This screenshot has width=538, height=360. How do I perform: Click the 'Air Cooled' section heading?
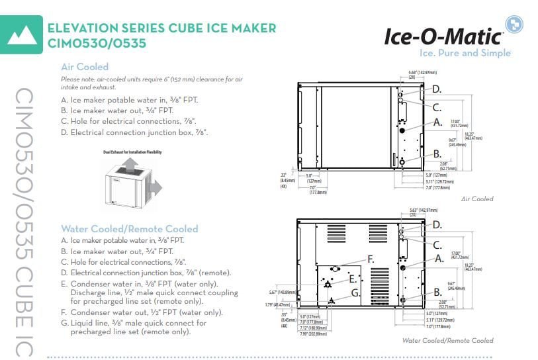[85, 67]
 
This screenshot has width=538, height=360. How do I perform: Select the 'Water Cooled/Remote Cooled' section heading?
[129, 228]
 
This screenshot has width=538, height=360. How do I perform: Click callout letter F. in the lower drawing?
[371, 257]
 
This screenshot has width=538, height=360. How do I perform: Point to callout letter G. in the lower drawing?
[355, 292]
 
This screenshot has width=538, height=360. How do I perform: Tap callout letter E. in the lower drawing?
[353, 279]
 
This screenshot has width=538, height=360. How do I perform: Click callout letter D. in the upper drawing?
[437, 89]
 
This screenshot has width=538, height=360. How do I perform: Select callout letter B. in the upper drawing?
[437, 154]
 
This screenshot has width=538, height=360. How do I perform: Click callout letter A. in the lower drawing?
[438, 259]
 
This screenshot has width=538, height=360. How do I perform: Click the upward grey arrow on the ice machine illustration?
[130, 163]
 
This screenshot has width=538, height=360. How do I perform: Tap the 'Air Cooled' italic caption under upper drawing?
[477, 199]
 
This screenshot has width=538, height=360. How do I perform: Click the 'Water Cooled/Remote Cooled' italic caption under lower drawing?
[448, 340]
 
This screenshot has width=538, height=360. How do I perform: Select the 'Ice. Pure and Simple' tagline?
[465, 53]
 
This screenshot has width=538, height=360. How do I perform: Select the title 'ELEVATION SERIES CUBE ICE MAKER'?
[161, 28]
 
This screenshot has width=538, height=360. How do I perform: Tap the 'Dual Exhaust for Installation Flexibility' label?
[132, 152]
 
